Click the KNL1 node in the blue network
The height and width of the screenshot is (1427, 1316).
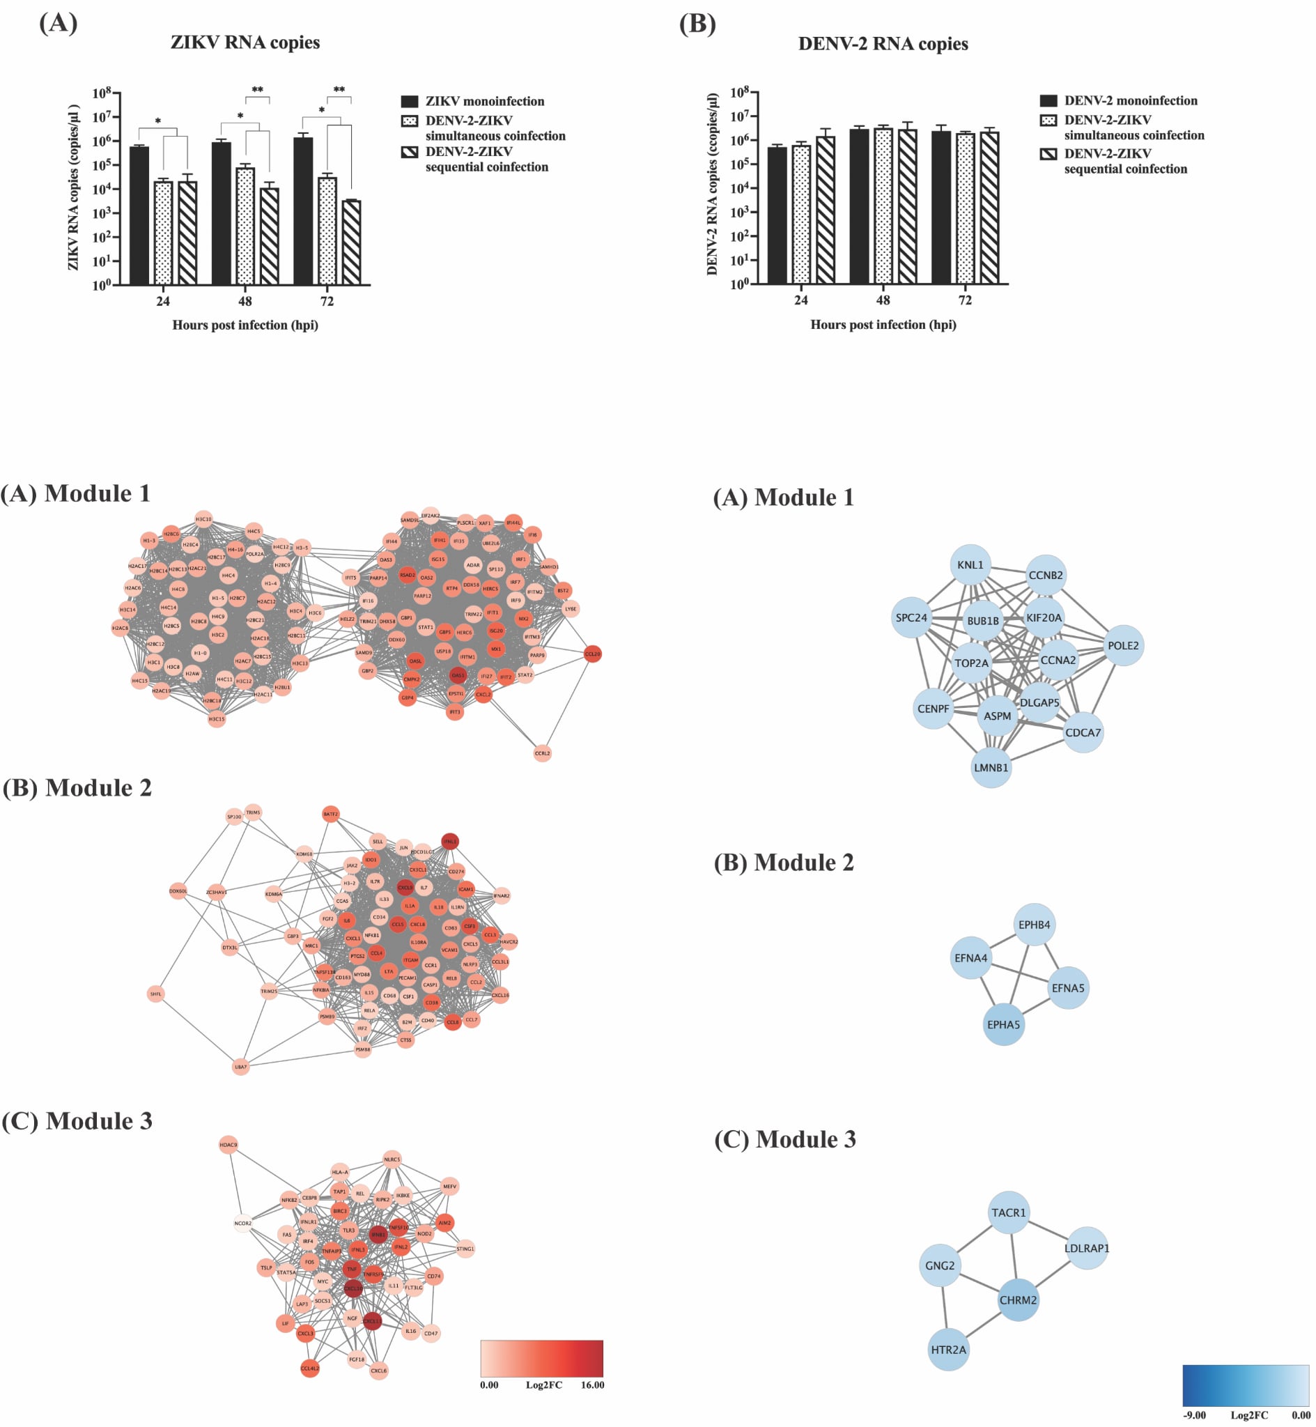point(970,564)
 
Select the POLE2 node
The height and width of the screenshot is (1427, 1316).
point(1122,646)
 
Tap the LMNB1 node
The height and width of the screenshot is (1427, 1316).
point(991,768)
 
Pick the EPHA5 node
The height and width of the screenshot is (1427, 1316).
point(1003,1025)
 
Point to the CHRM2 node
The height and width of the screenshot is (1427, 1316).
point(1018,1300)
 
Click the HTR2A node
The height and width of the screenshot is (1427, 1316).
point(948,1350)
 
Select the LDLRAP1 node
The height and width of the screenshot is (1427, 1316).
point(1087,1248)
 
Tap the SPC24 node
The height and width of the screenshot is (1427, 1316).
point(911,617)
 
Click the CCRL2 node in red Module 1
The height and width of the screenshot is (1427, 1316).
point(542,753)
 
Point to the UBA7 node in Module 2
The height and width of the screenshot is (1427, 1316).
point(240,1067)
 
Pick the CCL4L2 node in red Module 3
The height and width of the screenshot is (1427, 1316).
point(310,1368)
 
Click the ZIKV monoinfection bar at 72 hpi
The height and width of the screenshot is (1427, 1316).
point(302,210)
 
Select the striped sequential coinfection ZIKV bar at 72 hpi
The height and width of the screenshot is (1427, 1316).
point(351,242)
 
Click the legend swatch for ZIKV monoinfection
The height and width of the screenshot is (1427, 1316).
point(410,101)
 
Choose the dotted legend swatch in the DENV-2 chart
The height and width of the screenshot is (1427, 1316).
point(1048,121)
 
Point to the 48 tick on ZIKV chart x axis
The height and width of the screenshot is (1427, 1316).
point(245,301)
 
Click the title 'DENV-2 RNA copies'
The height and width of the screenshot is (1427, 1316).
point(883,44)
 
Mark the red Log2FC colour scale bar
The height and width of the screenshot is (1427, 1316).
point(541,1359)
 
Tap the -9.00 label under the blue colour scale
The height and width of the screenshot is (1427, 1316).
point(1194,1415)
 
